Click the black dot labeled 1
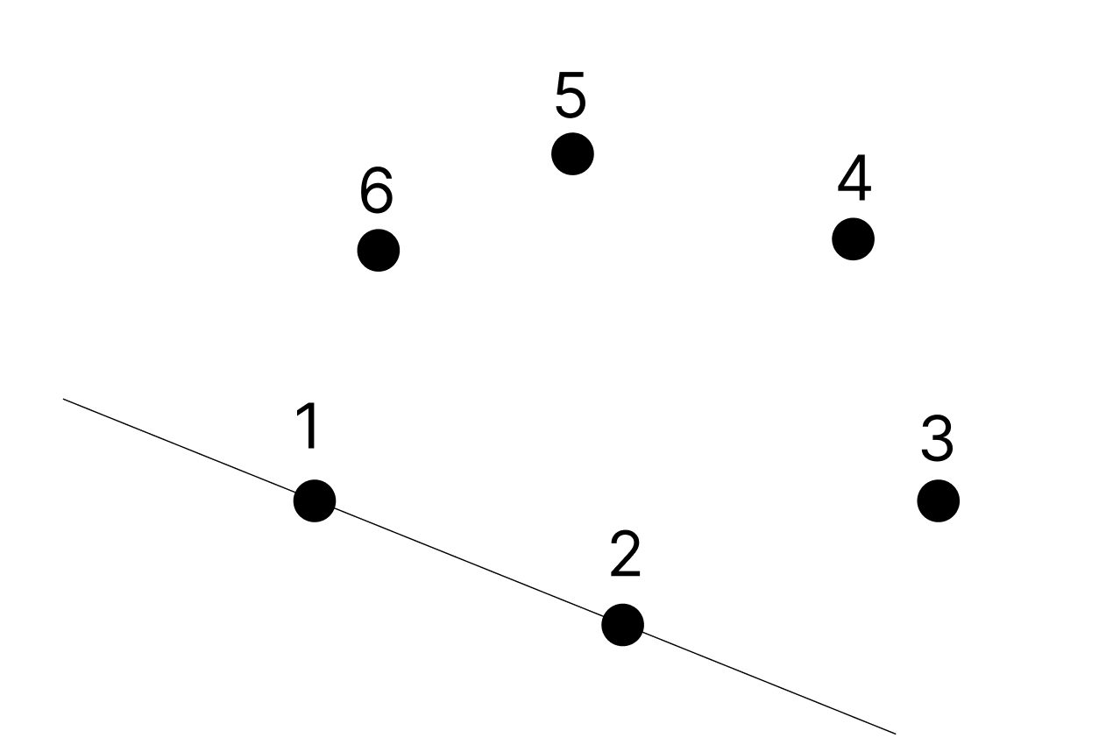[314, 501]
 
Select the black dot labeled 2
[622, 625]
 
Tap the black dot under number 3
[938, 500]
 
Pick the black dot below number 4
[853, 238]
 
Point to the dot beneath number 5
[572, 154]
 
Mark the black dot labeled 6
[379, 251]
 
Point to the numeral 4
[854, 179]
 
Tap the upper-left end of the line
[65, 401]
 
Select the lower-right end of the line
[894, 733]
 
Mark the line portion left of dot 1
[188, 450]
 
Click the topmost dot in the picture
[572, 154]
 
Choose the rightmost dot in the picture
[938, 500]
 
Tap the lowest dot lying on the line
[622, 625]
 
